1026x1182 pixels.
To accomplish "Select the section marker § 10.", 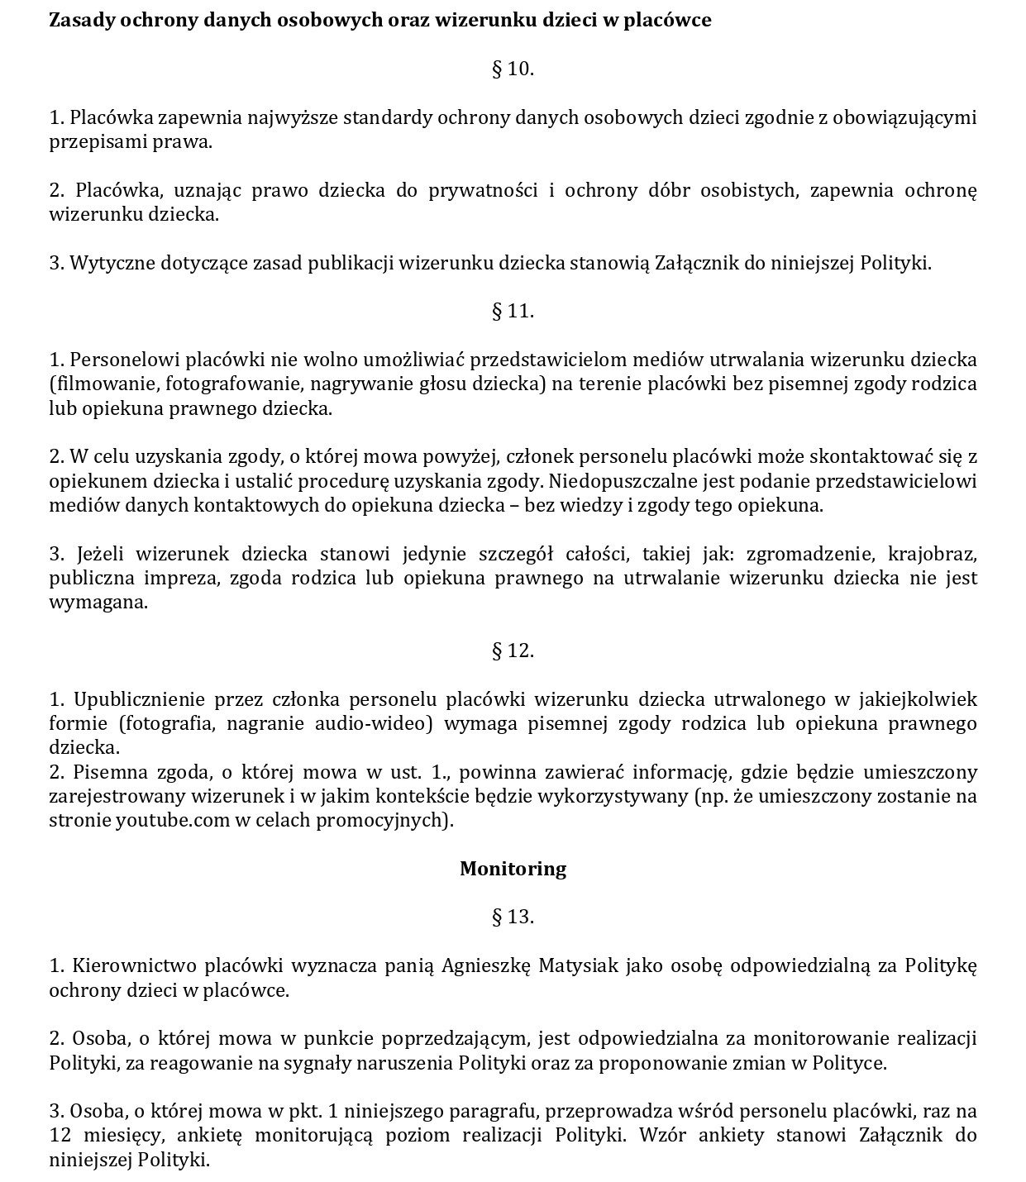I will click(x=513, y=69).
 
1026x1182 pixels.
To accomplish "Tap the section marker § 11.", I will click(x=513, y=311).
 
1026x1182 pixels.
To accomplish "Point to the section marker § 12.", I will click(x=513, y=651).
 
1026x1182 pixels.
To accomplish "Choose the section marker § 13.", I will click(x=513, y=917).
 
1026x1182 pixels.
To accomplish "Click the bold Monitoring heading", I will click(x=513, y=869).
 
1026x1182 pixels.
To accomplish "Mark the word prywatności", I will click(x=483, y=190).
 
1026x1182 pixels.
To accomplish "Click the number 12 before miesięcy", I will click(x=60, y=1135).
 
